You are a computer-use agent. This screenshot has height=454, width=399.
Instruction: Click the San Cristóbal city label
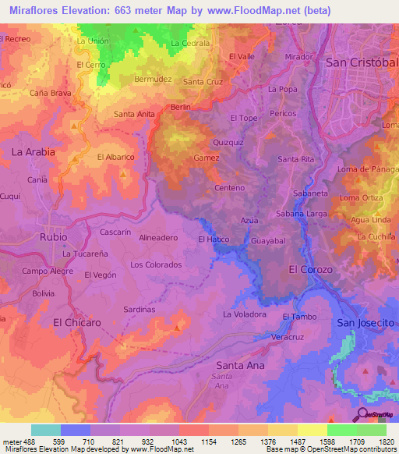click(x=361, y=62)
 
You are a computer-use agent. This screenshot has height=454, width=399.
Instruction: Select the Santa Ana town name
click(x=240, y=365)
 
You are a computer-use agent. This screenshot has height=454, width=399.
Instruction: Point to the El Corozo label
click(x=310, y=269)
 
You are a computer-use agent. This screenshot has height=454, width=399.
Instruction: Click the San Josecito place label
click(x=365, y=323)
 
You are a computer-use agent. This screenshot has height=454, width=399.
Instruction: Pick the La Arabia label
click(x=34, y=152)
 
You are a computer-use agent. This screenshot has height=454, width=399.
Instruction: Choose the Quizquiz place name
click(x=229, y=143)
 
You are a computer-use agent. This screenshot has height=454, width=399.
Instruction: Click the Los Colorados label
click(x=156, y=264)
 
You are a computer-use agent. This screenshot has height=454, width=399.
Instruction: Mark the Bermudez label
click(x=152, y=79)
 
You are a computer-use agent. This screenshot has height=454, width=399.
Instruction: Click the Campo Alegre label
click(x=47, y=271)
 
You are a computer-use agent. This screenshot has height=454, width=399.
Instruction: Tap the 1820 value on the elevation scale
click(x=387, y=442)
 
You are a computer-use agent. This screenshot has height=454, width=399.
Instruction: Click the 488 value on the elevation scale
click(x=28, y=442)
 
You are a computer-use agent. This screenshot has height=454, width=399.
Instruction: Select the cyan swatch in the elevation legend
click(x=46, y=430)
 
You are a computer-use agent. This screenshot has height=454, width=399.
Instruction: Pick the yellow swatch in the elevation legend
click(x=312, y=430)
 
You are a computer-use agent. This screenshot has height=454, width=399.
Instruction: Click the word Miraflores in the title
click(x=38, y=10)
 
